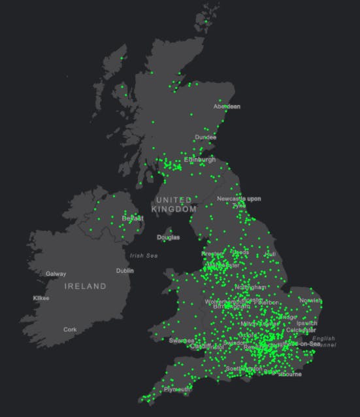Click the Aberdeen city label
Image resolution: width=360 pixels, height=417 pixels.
point(227,106)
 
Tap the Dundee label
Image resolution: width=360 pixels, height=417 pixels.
point(205,137)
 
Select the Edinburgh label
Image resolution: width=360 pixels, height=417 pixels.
point(199,159)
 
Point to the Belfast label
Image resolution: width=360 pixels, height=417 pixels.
point(133,218)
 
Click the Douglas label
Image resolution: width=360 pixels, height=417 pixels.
point(168,237)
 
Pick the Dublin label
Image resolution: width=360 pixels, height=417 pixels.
point(125,270)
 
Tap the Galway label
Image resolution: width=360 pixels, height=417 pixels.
point(56,274)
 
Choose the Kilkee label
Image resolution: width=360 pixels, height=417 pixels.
point(41,298)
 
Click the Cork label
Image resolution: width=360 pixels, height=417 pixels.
point(70,329)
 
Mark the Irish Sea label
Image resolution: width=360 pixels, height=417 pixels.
point(144,256)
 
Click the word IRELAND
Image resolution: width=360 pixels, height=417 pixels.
point(85,286)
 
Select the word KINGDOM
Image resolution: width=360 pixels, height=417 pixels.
point(174,209)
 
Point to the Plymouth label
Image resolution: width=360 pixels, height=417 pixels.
point(177,390)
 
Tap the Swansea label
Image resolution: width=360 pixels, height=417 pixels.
point(181,341)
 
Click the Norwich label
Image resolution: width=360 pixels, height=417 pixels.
point(310,301)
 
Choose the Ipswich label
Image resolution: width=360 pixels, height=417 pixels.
point(306,323)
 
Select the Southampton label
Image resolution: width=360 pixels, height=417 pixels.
point(244,369)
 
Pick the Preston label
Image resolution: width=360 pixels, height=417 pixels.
point(212,253)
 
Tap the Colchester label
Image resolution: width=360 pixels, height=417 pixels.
point(301,330)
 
